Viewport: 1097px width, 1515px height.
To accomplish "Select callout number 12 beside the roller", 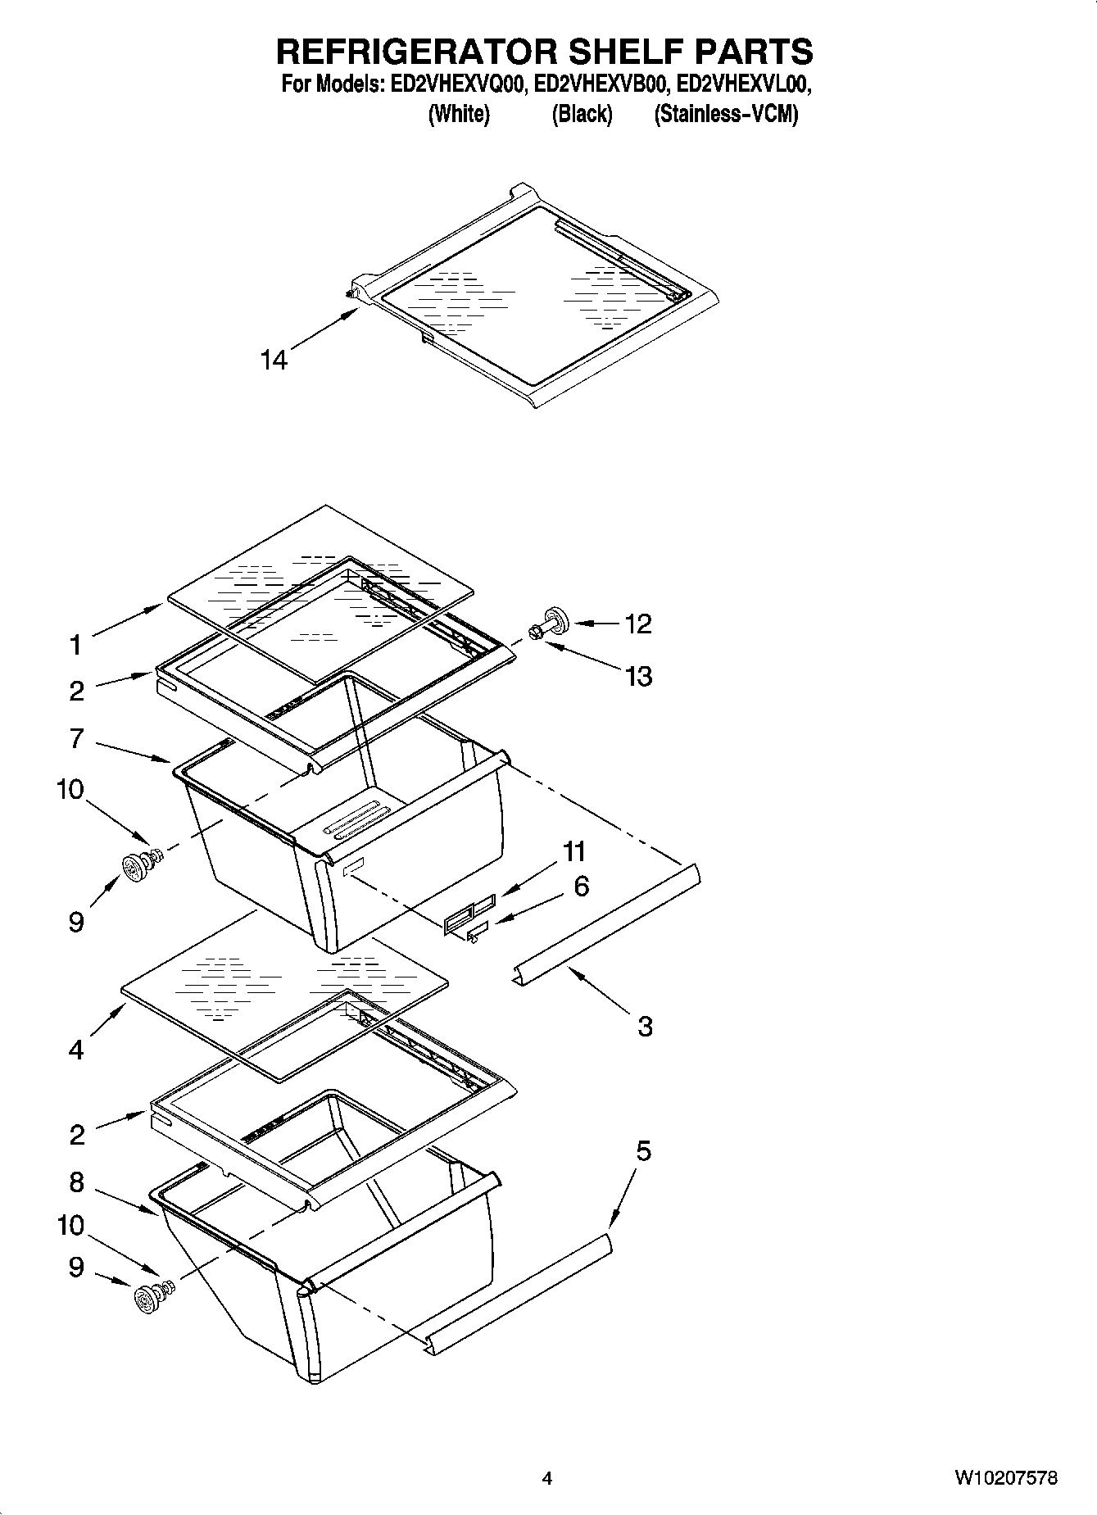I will [x=637, y=624].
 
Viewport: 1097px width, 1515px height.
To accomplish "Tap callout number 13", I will [x=637, y=676].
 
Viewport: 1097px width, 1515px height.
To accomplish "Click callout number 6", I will [x=581, y=886].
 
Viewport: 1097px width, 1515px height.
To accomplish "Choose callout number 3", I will [x=645, y=1025].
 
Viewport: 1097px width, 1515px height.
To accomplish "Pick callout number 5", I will [x=643, y=1150].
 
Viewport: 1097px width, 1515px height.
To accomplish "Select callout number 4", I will [x=75, y=1049].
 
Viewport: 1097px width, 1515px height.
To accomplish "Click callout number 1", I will [x=75, y=645].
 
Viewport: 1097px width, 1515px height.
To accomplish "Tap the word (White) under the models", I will [x=459, y=114].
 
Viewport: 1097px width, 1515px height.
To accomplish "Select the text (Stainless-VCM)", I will [x=725, y=114].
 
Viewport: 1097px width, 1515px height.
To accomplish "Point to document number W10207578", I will [x=1005, y=1478].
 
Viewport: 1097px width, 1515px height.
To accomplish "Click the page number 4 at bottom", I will [x=547, y=1478].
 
